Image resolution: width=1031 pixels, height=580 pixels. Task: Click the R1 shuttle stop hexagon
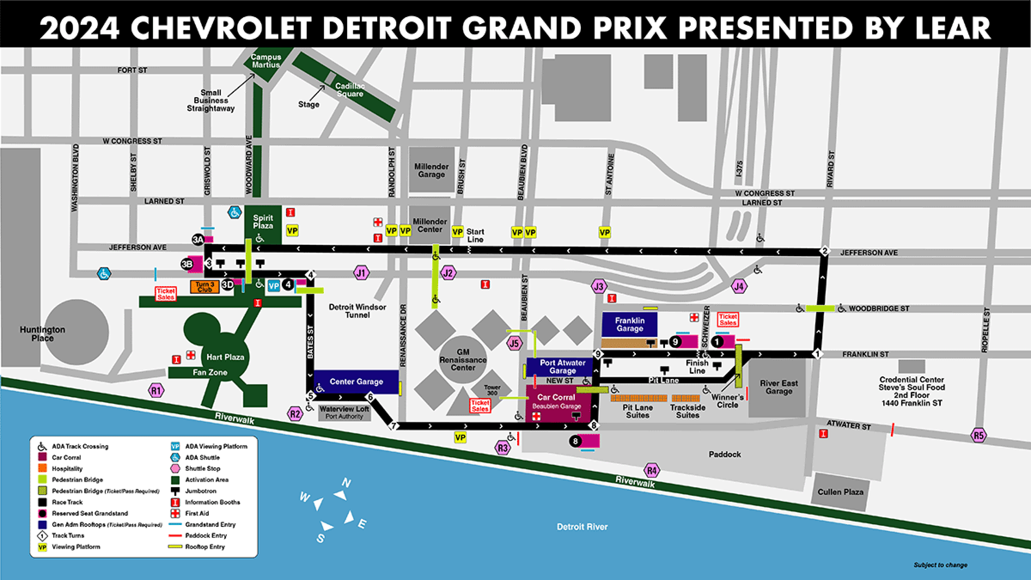[156, 391]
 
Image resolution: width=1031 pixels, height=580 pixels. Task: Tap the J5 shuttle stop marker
[514, 343]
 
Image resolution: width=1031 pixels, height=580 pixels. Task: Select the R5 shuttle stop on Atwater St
[978, 436]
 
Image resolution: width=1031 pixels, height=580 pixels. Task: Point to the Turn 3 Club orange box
[204, 287]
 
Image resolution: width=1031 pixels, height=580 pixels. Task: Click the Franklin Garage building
[629, 324]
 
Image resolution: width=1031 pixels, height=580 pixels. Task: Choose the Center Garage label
[356, 382]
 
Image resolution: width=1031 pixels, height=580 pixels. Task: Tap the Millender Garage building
[431, 170]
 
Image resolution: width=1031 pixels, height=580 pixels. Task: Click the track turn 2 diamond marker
[824, 251]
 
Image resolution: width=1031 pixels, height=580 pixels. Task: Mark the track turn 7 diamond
[393, 426]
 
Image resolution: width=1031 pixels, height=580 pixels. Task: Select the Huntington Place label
[43, 334]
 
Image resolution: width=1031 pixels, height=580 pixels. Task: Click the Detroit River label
[582, 527]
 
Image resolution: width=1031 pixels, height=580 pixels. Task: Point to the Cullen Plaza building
[840, 492]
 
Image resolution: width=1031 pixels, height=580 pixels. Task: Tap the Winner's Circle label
[727, 401]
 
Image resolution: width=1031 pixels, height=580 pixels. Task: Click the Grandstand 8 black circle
[575, 441]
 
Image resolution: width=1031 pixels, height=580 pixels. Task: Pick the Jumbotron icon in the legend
[175, 491]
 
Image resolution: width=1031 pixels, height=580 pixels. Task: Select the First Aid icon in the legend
[175, 513]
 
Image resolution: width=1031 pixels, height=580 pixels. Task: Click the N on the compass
[346, 483]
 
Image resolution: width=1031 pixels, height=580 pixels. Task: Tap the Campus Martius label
[266, 61]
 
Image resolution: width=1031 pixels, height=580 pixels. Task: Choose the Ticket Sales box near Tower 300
[480, 406]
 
